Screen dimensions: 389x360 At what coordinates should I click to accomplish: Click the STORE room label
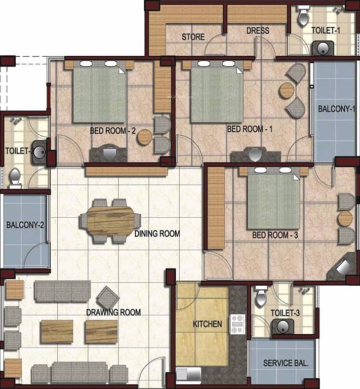click(x=193, y=37)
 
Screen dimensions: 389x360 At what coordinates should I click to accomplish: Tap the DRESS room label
click(x=258, y=31)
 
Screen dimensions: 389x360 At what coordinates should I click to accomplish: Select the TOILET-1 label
click(x=326, y=30)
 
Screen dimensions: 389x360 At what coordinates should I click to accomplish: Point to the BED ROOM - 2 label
click(x=112, y=130)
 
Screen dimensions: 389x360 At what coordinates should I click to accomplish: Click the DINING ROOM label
click(x=157, y=234)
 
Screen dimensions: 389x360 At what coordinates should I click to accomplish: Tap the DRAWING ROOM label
click(x=113, y=313)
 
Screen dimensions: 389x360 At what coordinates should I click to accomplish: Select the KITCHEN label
click(x=207, y=323)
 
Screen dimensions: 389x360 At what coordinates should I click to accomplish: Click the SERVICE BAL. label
click(x=285, y=363)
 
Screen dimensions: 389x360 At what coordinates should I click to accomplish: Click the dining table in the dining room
click(x=110, y=221)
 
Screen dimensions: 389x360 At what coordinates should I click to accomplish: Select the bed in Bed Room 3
click(x=273, y=201)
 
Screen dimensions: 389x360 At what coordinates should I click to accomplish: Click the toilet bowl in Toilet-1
click(x=303, y=17)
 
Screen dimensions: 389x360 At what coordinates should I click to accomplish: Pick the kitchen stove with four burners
click(x=237, y=324)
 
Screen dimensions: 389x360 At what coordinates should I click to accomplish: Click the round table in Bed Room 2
click(x=145, y=137)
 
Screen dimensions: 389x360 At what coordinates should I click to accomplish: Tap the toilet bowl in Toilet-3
click(x=261, y=297)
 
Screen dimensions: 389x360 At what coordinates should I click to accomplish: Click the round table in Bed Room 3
click(x=345, y=218)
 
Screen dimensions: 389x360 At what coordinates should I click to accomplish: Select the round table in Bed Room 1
click(x=287, y=90)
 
